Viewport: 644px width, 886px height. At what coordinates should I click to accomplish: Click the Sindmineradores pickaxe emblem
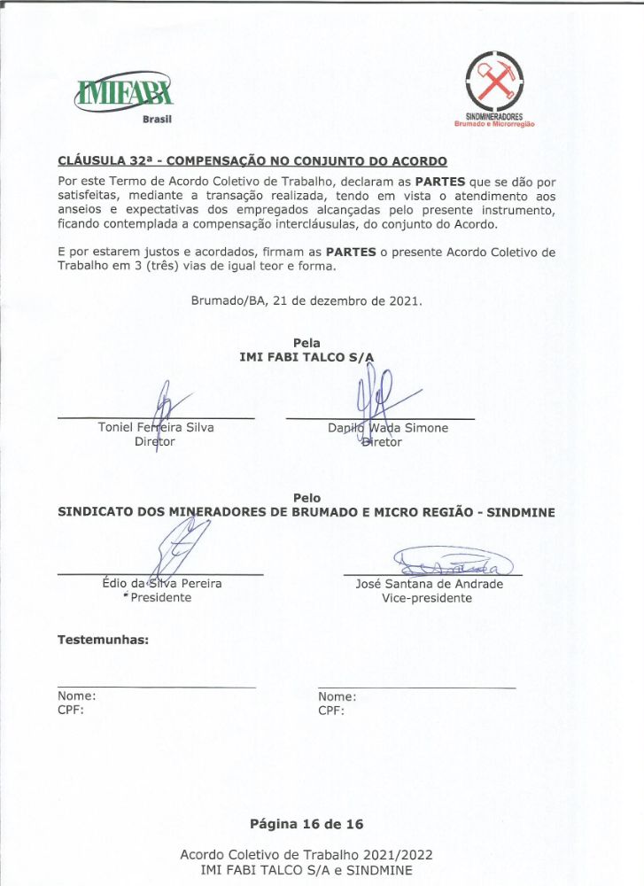493,82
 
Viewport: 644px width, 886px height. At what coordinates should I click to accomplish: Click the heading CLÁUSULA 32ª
252,161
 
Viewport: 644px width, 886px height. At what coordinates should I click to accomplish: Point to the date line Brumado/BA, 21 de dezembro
306,300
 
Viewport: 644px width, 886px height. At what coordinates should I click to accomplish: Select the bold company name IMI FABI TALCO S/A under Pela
306,357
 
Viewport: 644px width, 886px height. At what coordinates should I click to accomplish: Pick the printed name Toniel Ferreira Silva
156,428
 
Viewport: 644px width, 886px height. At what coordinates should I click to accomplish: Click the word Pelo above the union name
306,498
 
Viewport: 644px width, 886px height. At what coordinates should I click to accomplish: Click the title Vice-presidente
427,598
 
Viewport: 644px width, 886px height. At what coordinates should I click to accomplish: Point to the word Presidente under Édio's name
160,598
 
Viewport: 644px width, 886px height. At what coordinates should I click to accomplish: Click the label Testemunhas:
103,639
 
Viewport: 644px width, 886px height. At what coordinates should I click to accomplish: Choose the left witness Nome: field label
77,696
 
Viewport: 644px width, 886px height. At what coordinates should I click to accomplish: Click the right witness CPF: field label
331,711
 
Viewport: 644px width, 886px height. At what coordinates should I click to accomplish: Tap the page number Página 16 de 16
306,824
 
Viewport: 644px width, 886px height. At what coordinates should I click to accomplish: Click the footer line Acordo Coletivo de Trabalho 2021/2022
306,854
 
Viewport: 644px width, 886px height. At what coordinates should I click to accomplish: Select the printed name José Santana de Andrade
429,584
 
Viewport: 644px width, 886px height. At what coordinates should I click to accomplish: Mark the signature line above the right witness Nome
416,688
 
